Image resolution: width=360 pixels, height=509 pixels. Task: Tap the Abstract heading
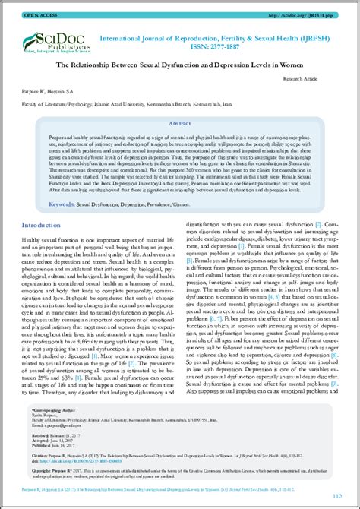coord(180,122)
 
